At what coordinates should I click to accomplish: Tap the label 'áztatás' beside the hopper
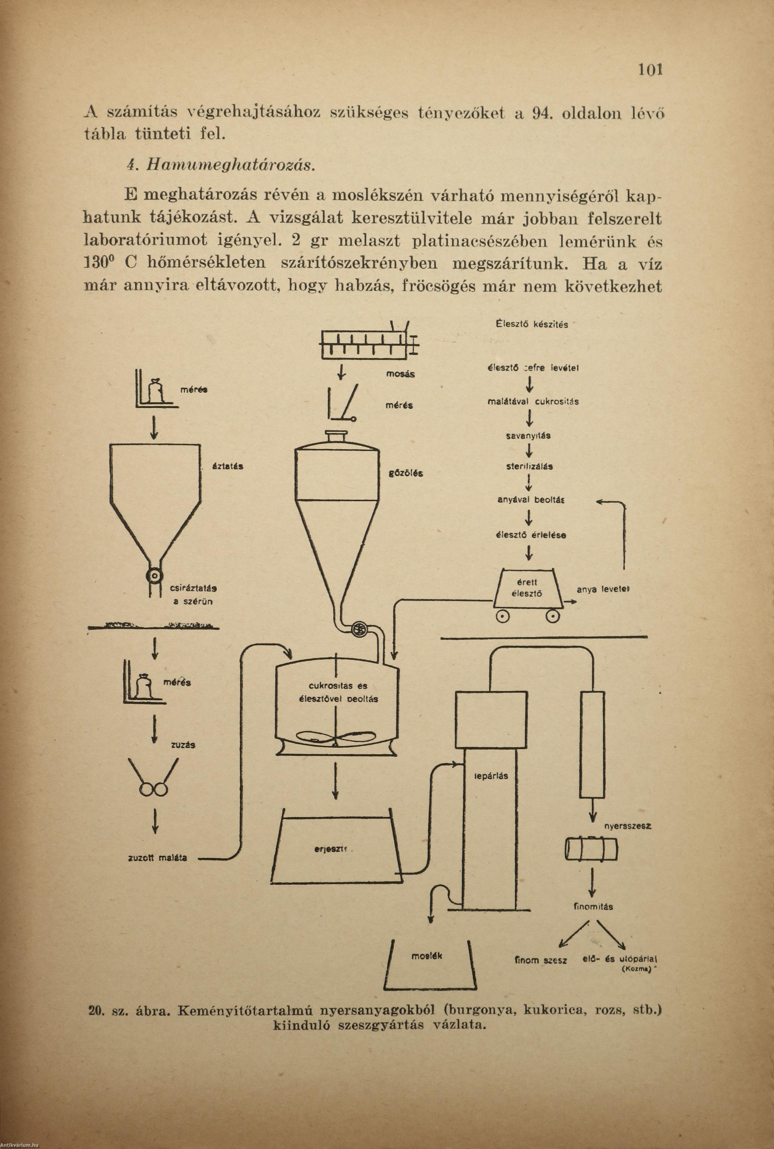coord(227,466)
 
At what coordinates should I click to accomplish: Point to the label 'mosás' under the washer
coord(400,374)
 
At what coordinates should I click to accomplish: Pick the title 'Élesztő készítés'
coord(532,324)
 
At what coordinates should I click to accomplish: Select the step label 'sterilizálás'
coord(530,466)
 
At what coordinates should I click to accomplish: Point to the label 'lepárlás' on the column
coord(490,776)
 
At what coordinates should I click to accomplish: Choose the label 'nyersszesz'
coord(627,826)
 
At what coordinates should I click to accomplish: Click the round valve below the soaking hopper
coord(154,576)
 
